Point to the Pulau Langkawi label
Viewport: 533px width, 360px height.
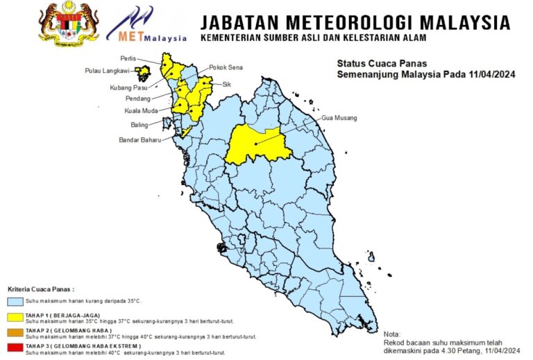click(108, 71)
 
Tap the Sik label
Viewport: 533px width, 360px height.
click(226, 84)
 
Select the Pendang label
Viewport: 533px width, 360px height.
click(137, 98)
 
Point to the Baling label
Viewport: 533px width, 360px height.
click(140, 125)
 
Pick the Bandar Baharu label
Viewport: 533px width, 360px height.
click(137, 139)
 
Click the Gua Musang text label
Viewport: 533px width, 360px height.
click(339, 118)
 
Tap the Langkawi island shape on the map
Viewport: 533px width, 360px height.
click(144, 71)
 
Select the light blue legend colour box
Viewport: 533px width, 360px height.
click(15, 302)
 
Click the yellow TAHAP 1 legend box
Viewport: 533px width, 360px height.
click(15, 317)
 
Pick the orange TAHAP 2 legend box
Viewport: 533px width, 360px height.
click(15, 333)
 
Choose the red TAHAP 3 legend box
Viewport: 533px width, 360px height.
click(15, 348)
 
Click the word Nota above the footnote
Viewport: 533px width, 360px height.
click(392, 334)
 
